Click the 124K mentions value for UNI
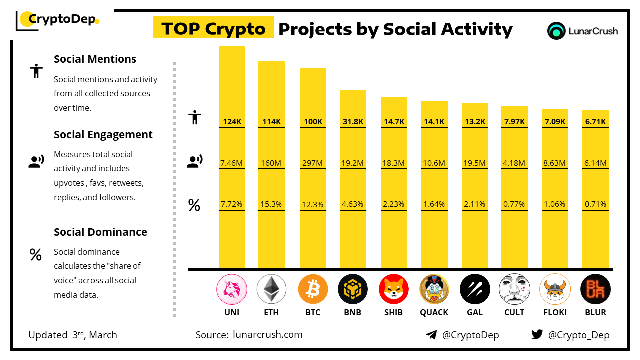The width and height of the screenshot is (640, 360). pyautogui.click(x=232, y=122)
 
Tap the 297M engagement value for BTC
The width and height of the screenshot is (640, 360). pyautogui.click(x=313, y=163)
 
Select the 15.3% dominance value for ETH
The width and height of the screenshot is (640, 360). pyautogui.click(x=271, y=204)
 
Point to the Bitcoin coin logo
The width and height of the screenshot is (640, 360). pyautogui.click(x=313, y=289)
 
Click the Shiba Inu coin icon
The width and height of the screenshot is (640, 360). pyautogui.click(x=394, y=289)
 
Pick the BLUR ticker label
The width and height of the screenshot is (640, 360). pyautogui.click(x=595, y=312)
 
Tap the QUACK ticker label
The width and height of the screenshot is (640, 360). pyautogui.click(x=434, y=312)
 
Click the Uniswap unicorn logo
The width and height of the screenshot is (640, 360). pyautogui.click(x=231, y=289)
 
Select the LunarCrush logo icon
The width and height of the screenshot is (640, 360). pyautogui.click(x=556, y=31)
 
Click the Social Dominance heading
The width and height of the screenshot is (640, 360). pyautogui.click(x=100, y=232)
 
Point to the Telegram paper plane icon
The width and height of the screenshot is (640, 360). pyautogui.click(x=431, y=335)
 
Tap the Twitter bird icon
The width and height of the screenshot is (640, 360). pyautogui.click(x=537, y=335)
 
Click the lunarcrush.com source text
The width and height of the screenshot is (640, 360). pyautogui.click(x=267, y=335)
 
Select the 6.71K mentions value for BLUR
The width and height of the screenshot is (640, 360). pyautogui.click(x=595, y=122)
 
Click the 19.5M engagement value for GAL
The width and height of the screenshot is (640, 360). pyautogui.click(x=474, y=163)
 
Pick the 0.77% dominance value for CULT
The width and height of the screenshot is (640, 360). pyautogui.click(x=514, y=204)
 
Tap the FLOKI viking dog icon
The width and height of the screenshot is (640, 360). pyautogui.click(x=555, y=289)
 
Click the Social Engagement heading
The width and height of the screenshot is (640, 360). pyautogui.click(x=103, y=134)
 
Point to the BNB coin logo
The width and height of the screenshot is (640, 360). pyautogui.click(x=353, y=289)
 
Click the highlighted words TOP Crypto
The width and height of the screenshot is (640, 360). pyautogui.click(x=213, y=29)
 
